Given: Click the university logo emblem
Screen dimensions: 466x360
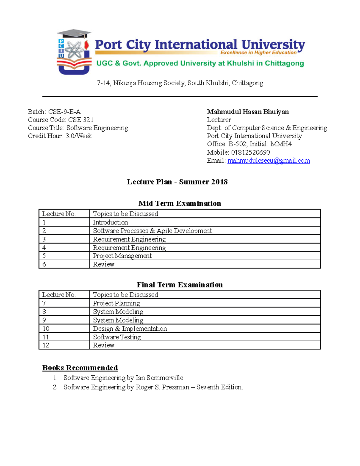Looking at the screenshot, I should coord(74,52).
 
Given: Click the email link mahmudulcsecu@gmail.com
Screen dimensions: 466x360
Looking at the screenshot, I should coord(268,161).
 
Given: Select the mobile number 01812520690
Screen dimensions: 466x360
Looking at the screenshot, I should coord(250,152).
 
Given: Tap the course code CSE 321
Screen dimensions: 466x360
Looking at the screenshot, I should coord(81,120).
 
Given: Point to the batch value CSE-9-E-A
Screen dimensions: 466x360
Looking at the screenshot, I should coord(64,112).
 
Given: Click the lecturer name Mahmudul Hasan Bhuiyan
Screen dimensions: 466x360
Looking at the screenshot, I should coord(248,112).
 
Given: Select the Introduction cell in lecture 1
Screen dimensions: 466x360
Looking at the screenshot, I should coord(110,222).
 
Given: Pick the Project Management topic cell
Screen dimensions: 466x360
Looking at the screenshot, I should coord(122,256).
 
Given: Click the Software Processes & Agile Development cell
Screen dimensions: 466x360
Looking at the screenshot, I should coord(152,231).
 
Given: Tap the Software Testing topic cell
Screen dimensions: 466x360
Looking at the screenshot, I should coord(117,337).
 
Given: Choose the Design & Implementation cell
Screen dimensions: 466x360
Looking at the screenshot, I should coord(130,329).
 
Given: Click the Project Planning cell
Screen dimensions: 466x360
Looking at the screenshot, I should coord(116,303).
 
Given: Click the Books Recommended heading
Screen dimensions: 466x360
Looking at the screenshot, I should coord(80,368).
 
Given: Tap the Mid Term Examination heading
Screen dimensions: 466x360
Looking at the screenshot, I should coord(180,203).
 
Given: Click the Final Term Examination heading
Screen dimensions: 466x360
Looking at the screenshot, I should coord(180,285).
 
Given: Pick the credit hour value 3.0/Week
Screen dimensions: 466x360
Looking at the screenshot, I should coord(79,136).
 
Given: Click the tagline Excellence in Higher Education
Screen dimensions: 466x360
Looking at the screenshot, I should coord(258,53).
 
